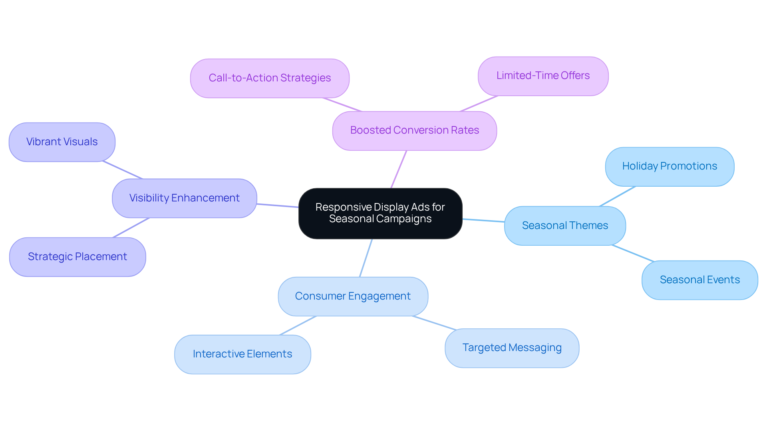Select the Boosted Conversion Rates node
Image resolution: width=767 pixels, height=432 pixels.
[414, 130]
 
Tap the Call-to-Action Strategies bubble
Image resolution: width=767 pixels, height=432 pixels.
[270, 78]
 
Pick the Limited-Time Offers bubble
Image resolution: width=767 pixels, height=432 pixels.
[543, 76]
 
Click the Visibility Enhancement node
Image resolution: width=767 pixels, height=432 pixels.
[184, 198]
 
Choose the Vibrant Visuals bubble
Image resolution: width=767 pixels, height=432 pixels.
[62, 142]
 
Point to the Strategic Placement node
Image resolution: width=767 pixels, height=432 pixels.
[77, 256]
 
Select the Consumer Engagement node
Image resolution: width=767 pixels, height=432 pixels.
[353, 296]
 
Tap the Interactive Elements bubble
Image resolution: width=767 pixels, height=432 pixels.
[242, 354]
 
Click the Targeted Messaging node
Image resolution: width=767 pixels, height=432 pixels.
[512, 348]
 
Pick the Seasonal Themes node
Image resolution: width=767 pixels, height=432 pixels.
[565, 225]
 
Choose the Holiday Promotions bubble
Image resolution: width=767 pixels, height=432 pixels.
[670, 166]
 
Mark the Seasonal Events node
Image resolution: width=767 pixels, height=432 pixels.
[699, 280]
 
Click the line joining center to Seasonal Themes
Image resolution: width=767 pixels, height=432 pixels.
[483, 220]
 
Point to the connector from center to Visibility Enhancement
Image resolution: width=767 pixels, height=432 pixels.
[278, 205]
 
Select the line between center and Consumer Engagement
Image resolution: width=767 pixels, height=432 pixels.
[366, 258]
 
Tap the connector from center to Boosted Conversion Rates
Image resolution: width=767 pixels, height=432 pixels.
[399, 169]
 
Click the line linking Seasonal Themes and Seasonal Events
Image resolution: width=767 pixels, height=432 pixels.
[633, 253]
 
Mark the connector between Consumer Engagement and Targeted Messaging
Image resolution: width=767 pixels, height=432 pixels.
[434, 323]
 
